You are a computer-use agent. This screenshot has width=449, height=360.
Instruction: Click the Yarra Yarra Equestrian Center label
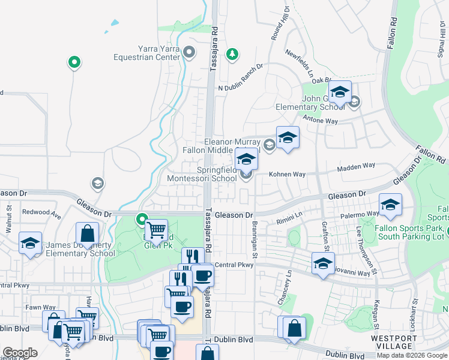[x=147, y=53]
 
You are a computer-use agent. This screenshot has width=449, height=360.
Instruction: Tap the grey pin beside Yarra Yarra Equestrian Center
[x=190, y=52]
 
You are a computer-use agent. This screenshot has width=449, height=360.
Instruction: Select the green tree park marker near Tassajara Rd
[x=232, y=55]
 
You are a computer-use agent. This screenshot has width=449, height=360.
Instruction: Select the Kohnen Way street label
[x=288, y=175]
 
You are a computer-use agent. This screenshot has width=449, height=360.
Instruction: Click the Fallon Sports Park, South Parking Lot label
[x=410, y=233]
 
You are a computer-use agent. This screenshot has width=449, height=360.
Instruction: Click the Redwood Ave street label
[x=41, y=212]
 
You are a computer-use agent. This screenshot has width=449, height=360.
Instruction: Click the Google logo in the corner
[x=20, y=353]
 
